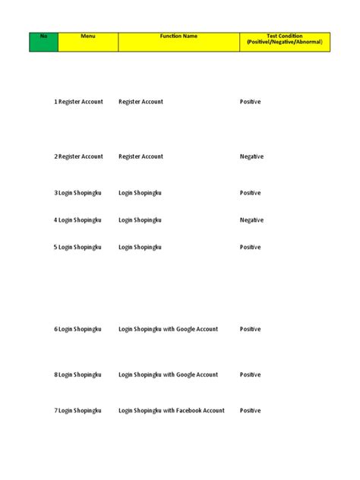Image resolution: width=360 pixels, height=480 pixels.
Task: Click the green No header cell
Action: click(43, 42)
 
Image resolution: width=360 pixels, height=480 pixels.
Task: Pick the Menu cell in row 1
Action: click(81, 102)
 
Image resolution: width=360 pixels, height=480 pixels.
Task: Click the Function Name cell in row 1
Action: click(141, 102)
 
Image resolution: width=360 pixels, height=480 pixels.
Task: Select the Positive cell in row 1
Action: click(251, 102)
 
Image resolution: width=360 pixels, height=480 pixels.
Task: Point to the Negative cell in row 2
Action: click(251, 156)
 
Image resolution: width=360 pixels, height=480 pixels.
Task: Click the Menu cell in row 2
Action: click(81, 156)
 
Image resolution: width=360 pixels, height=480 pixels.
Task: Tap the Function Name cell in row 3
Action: click(140, 193)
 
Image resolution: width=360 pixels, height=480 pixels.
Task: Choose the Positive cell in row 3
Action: click(251, 193)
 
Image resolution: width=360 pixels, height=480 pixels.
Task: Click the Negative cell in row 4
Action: click(251, 220)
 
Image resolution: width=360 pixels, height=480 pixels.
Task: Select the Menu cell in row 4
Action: click(80, 220)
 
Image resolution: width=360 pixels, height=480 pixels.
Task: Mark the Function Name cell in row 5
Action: click(140, 248)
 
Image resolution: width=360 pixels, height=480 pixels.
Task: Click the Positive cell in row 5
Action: click(251, 248)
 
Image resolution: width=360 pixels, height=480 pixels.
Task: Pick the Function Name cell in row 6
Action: click(168, 330)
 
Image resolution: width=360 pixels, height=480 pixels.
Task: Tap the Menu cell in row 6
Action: click(80, 330)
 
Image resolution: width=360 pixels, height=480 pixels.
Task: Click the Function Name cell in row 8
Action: click(168, 375)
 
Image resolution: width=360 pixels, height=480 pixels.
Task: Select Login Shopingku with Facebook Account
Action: click(172, 411)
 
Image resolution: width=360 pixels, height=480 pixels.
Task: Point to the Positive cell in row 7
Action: click(251, 411)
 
